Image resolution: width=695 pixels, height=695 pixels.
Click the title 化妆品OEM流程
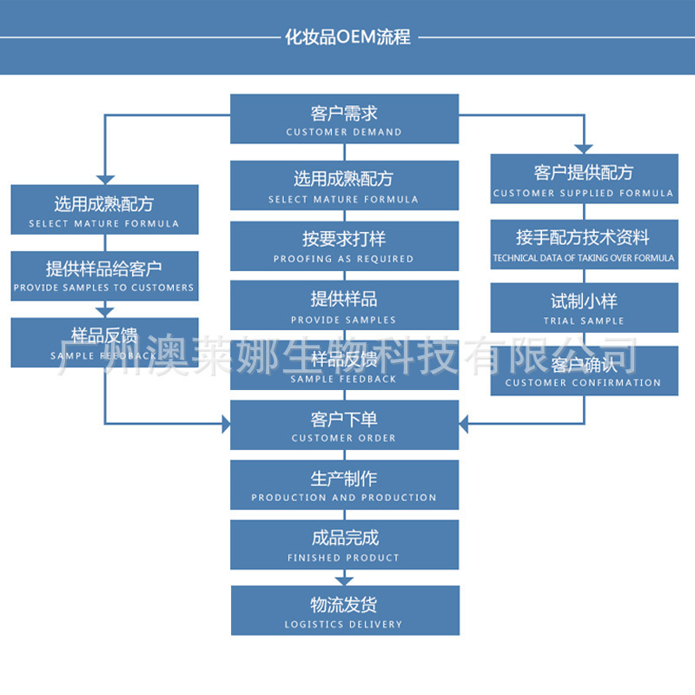[347, 37]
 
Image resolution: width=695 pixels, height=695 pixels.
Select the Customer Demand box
[344, 119]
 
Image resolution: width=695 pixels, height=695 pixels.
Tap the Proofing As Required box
[344, 246]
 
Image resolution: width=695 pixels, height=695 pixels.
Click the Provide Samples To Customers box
[104, 275]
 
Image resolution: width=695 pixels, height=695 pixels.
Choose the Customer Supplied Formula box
[584, 179]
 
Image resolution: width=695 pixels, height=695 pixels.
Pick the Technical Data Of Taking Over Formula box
[584, 244]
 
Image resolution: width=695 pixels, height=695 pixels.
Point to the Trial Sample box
[584, 308]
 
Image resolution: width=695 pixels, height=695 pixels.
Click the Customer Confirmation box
[584, 371]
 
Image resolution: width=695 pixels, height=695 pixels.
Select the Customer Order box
[344, 425]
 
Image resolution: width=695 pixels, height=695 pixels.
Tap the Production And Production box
[344, 485]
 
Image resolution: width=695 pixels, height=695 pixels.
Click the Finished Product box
[344, 545]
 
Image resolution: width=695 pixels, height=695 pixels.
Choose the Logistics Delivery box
[344, 610]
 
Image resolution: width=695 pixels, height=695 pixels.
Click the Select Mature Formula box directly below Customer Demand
[344, 185]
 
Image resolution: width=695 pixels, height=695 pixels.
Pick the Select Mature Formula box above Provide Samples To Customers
[104, 209]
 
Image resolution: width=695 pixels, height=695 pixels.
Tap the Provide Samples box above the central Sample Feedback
[344, 305]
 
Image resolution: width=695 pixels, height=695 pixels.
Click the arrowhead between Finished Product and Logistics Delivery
[345, 579]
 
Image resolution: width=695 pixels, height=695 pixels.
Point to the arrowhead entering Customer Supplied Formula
[584, 148]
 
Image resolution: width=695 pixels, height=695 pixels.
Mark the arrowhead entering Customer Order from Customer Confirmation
[465, 425]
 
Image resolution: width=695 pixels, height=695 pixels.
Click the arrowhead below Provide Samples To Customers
[104, 310]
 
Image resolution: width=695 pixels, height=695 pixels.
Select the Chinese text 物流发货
[344, 604]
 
